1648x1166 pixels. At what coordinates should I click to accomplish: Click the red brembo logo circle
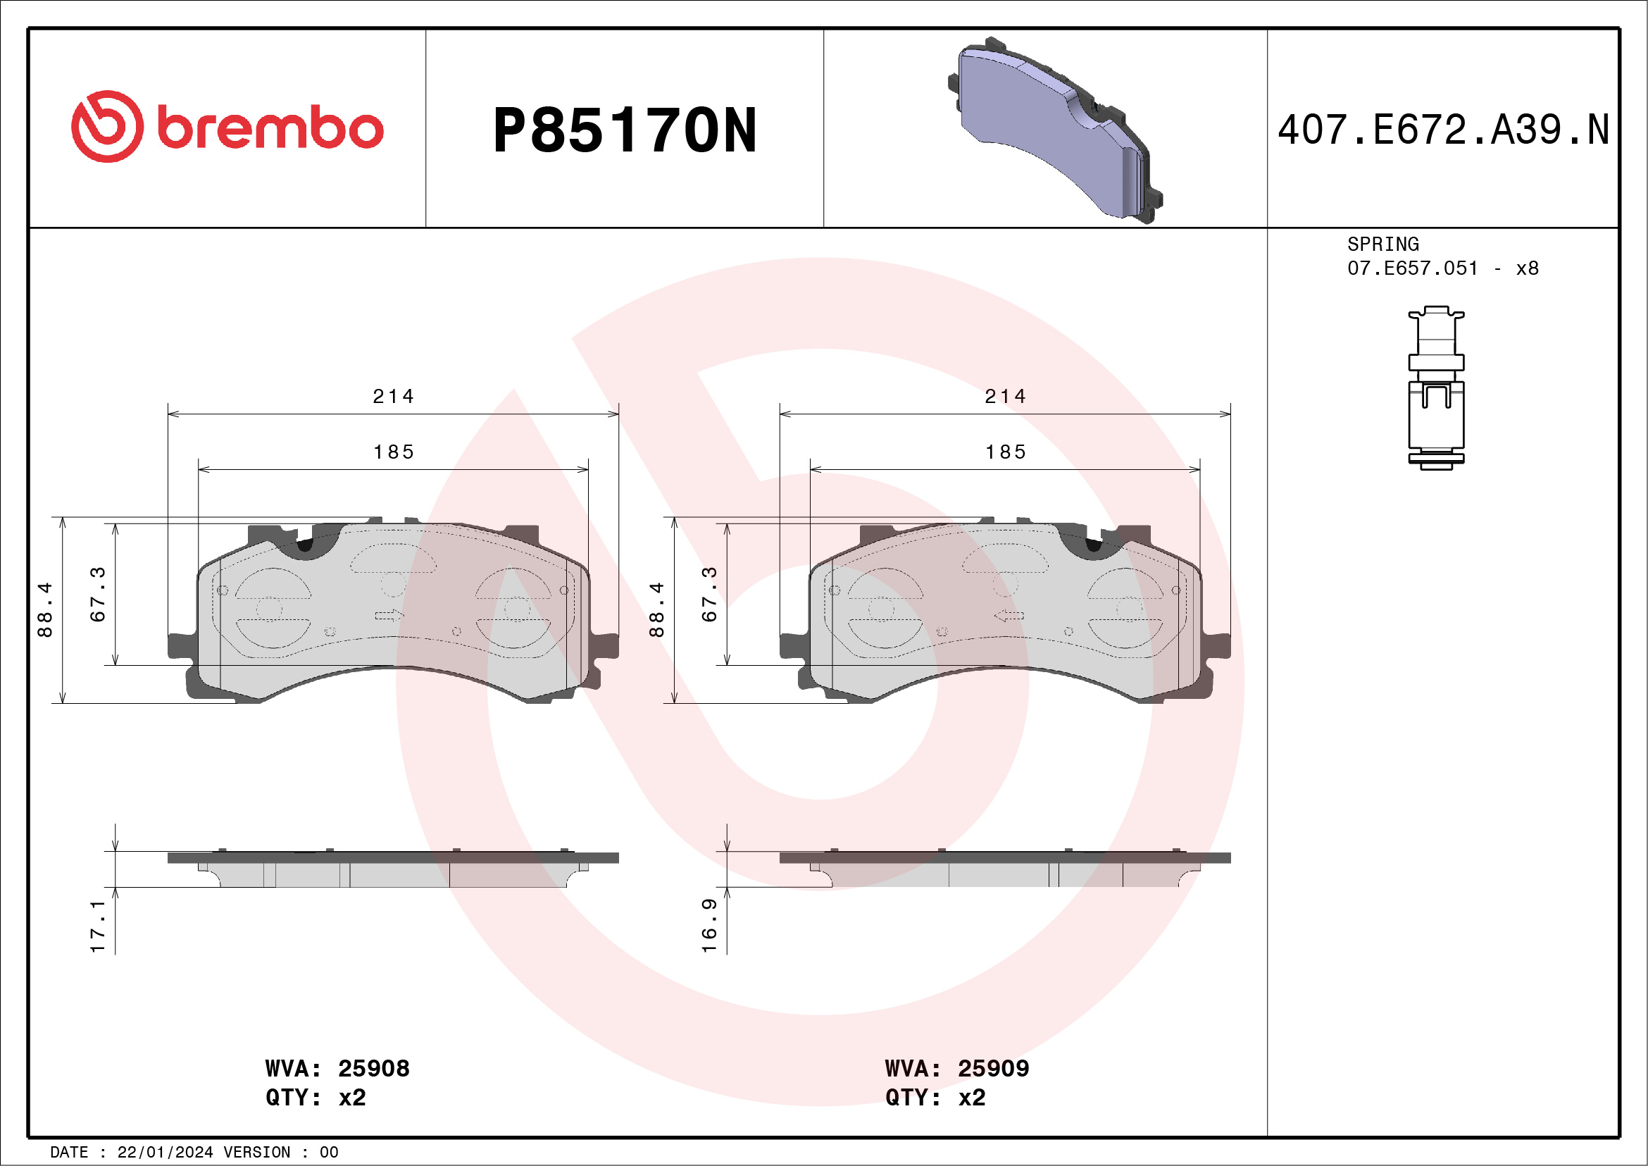[x=107, y=126]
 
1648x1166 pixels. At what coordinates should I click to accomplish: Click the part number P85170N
[x=625, y=130]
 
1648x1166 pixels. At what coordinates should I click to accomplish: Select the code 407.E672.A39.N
[x=1443, y=130]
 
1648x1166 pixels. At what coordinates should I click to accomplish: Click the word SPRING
[x=1382, y=244]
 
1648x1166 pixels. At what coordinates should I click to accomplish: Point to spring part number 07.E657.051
[x=1412, y=268]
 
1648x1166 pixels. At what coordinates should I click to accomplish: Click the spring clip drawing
[x=1435, y=387]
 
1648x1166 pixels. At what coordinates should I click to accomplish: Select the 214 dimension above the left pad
[x=394, y=397]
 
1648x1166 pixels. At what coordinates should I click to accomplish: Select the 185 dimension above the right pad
[x=1005, y=452]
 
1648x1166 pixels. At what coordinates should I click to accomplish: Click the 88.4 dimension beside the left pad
[x=44, y=609]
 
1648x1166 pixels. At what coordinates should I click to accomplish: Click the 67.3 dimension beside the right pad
[x=709, y=594]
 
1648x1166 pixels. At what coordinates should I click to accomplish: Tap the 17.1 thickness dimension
[x=98, y=926]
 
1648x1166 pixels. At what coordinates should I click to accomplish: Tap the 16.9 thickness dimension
[x=709, y=925]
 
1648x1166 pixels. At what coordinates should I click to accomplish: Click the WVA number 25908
[x=373, y=1068]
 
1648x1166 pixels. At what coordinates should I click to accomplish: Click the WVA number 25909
[x=993, y=1068]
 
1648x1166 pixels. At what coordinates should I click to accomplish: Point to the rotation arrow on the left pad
[x=389, y=615]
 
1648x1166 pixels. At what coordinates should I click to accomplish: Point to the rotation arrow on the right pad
[x=1009, y=615]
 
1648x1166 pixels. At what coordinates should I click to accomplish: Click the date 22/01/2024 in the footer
[x=165, y=1153]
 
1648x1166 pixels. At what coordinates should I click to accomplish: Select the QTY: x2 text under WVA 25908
[x=316, y=1098]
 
